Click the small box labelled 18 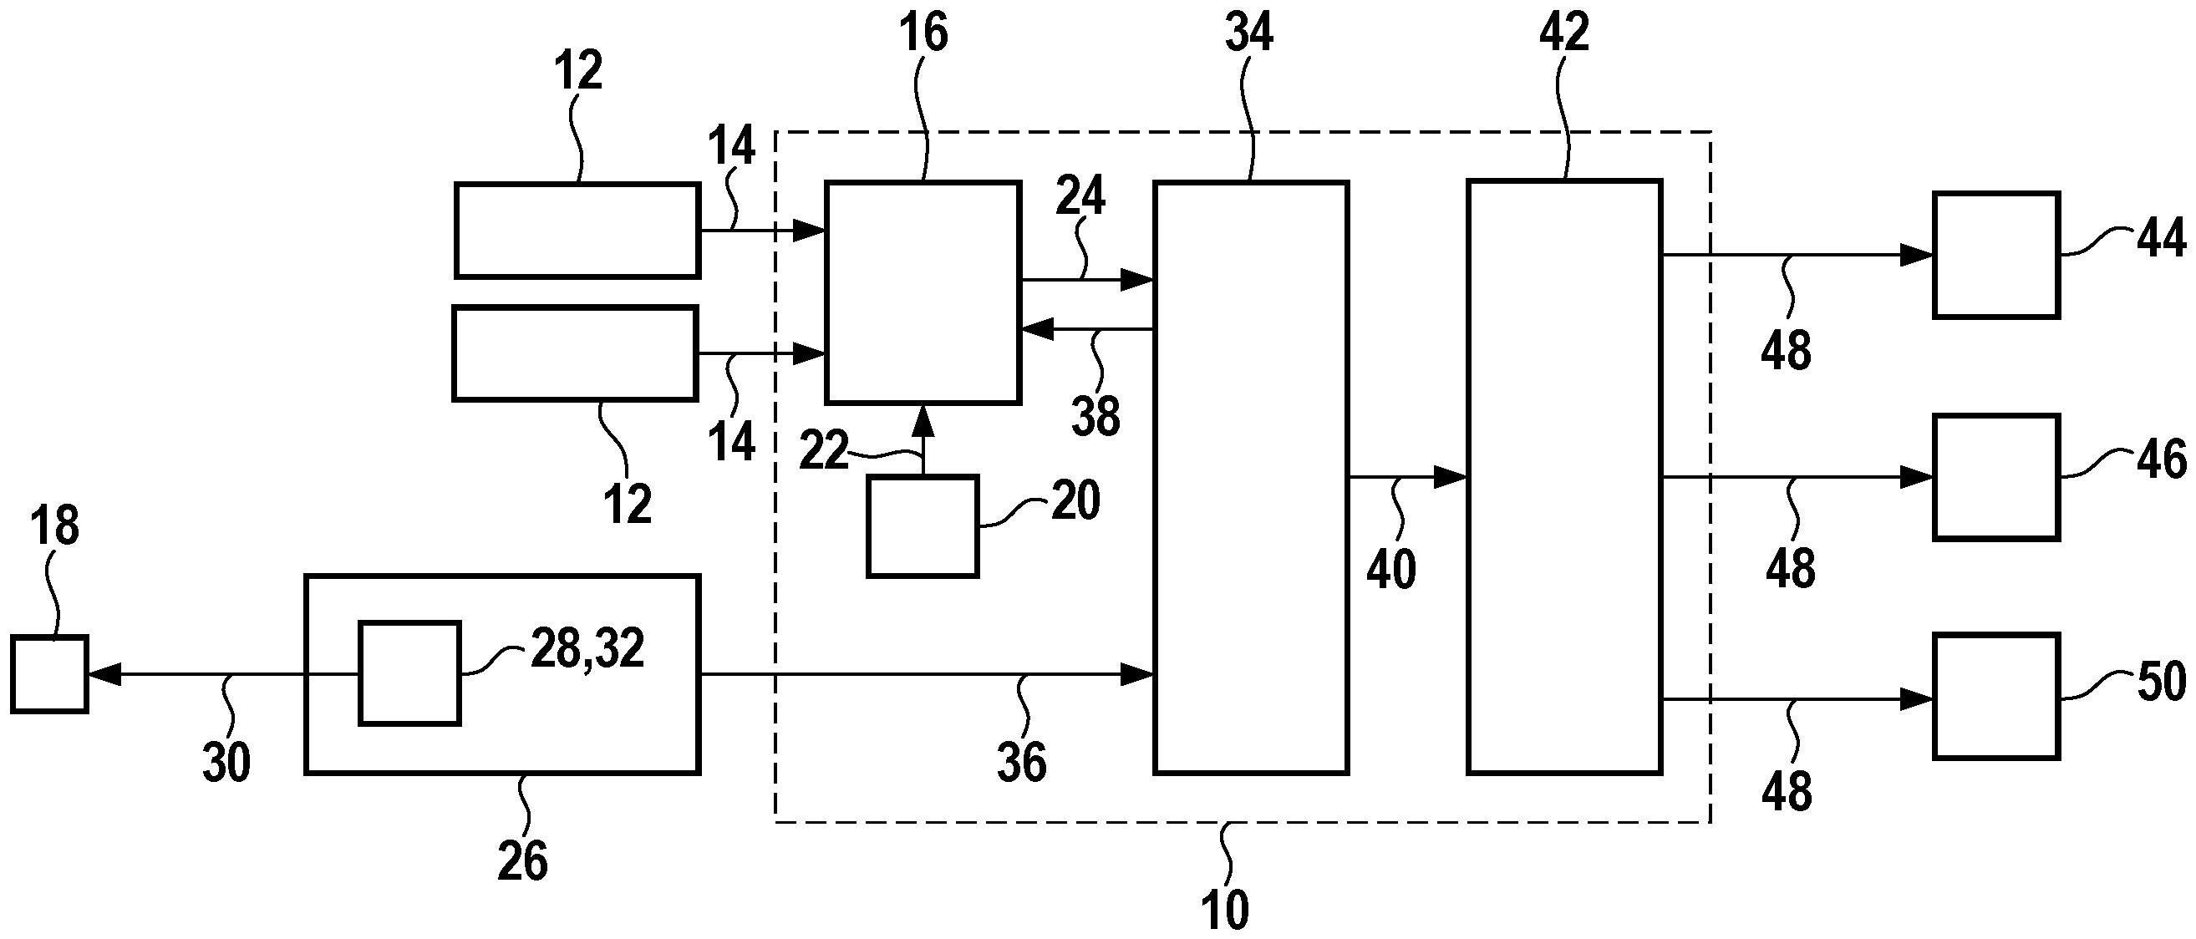pos(49,674)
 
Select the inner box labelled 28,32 pos(409,673)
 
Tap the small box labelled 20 pos(922,526)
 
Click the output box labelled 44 pos(1995,255)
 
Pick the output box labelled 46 pos(1995,477)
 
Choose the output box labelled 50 pos(1995,696)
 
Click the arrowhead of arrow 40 pos(1449,477)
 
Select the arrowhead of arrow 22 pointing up pos(923,423)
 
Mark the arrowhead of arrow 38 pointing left pos(1039,328)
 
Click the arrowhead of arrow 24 pos(1136,279)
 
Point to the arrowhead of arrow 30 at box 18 pos(104,675)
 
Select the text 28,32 pos(587,648)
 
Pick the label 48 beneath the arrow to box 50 pos(1786,791)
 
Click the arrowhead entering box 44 pos(1916,255)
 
